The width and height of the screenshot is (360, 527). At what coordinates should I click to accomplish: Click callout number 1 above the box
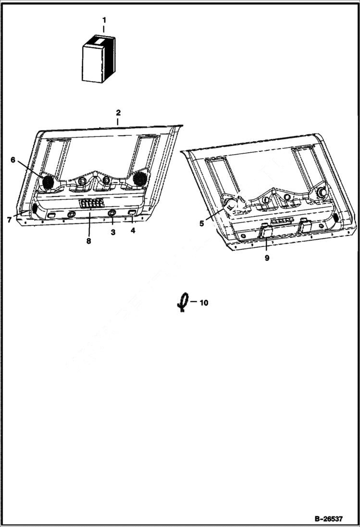click(104, 20)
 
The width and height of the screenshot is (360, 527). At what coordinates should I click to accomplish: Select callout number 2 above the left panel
click(118, 113)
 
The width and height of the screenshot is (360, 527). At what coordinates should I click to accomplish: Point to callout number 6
click(13, 159)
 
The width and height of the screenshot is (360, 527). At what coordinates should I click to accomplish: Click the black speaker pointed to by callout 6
click(48, 182)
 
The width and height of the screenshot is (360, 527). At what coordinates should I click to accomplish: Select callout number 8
click(88, 241)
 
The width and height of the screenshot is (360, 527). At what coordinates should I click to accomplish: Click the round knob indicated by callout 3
click(112, 214)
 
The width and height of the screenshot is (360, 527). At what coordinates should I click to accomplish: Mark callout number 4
click(132, 230)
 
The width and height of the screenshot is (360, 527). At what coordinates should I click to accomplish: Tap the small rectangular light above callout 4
click(132, 212)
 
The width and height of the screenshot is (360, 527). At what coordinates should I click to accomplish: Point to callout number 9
click(267, 257)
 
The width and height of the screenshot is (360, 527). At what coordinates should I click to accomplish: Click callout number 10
click(204, 303)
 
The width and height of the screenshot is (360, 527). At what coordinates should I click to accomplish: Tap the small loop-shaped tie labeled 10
click(182, 303)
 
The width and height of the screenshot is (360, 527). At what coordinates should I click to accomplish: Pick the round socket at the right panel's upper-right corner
click(321, 193)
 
